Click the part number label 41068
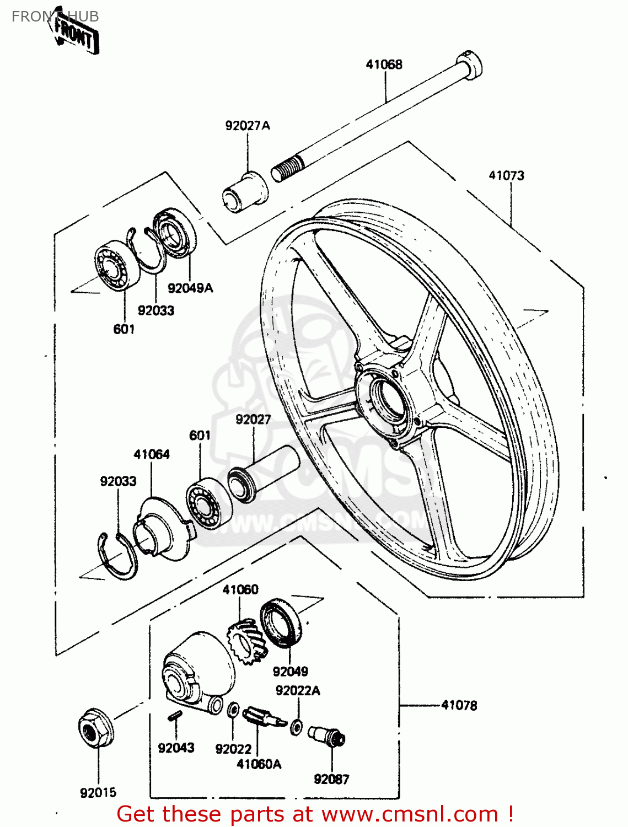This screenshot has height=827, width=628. (x=384, y=65)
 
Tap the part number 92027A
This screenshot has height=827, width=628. (x=248, y=126)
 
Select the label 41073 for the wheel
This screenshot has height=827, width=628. (x=506, y=176)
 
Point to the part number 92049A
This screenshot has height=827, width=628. (x=190, y=288)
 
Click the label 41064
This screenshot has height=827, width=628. (x=152, y=454)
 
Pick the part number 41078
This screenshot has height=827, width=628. (x=459, y=705)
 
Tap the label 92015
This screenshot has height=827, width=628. (x=99, y=793)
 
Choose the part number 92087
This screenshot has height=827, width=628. (x=331, y=779)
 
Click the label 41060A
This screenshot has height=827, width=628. (x=259, y=764)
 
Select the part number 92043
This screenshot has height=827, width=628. (x=176, y=748)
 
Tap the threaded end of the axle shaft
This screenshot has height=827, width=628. (x=287, y=167)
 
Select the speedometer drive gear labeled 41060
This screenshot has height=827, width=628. (x=245, y=640)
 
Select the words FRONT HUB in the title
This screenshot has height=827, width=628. (x=55, y=17)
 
